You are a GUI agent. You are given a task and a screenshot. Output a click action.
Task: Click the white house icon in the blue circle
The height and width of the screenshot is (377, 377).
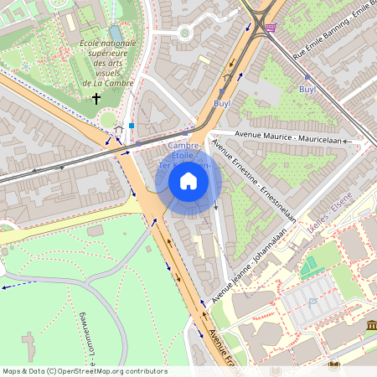click(x=188, y=181)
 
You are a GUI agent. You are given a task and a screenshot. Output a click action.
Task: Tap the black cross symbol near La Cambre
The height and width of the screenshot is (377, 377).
click(x=96, y=99)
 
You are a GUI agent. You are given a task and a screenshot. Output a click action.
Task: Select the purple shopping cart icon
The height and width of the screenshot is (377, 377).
click(x=270, y=27)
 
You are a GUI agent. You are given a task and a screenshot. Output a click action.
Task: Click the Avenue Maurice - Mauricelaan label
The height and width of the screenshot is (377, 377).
click(x=284, y=138)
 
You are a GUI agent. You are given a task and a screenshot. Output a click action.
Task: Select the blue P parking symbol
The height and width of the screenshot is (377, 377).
click(x=312, y=303)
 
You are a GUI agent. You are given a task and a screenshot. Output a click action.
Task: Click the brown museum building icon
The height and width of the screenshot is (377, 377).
click(x=370, y=325)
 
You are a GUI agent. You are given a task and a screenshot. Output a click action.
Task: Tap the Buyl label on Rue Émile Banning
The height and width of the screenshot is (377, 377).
click(x=307, y=89)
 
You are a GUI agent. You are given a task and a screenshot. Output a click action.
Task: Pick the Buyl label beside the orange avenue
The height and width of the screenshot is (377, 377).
click(x=221, y=103)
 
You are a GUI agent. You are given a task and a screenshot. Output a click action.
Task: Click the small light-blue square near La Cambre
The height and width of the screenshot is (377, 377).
click(x=132, y=126)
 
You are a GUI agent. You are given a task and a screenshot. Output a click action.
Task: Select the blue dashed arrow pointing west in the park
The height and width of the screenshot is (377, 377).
click(x=8, y=287)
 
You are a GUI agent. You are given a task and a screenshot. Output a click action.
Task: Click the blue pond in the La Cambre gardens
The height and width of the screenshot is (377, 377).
click(x=116, y=32)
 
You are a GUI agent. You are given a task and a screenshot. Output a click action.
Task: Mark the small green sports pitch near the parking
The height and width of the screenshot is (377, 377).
click(x=311, y=268)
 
